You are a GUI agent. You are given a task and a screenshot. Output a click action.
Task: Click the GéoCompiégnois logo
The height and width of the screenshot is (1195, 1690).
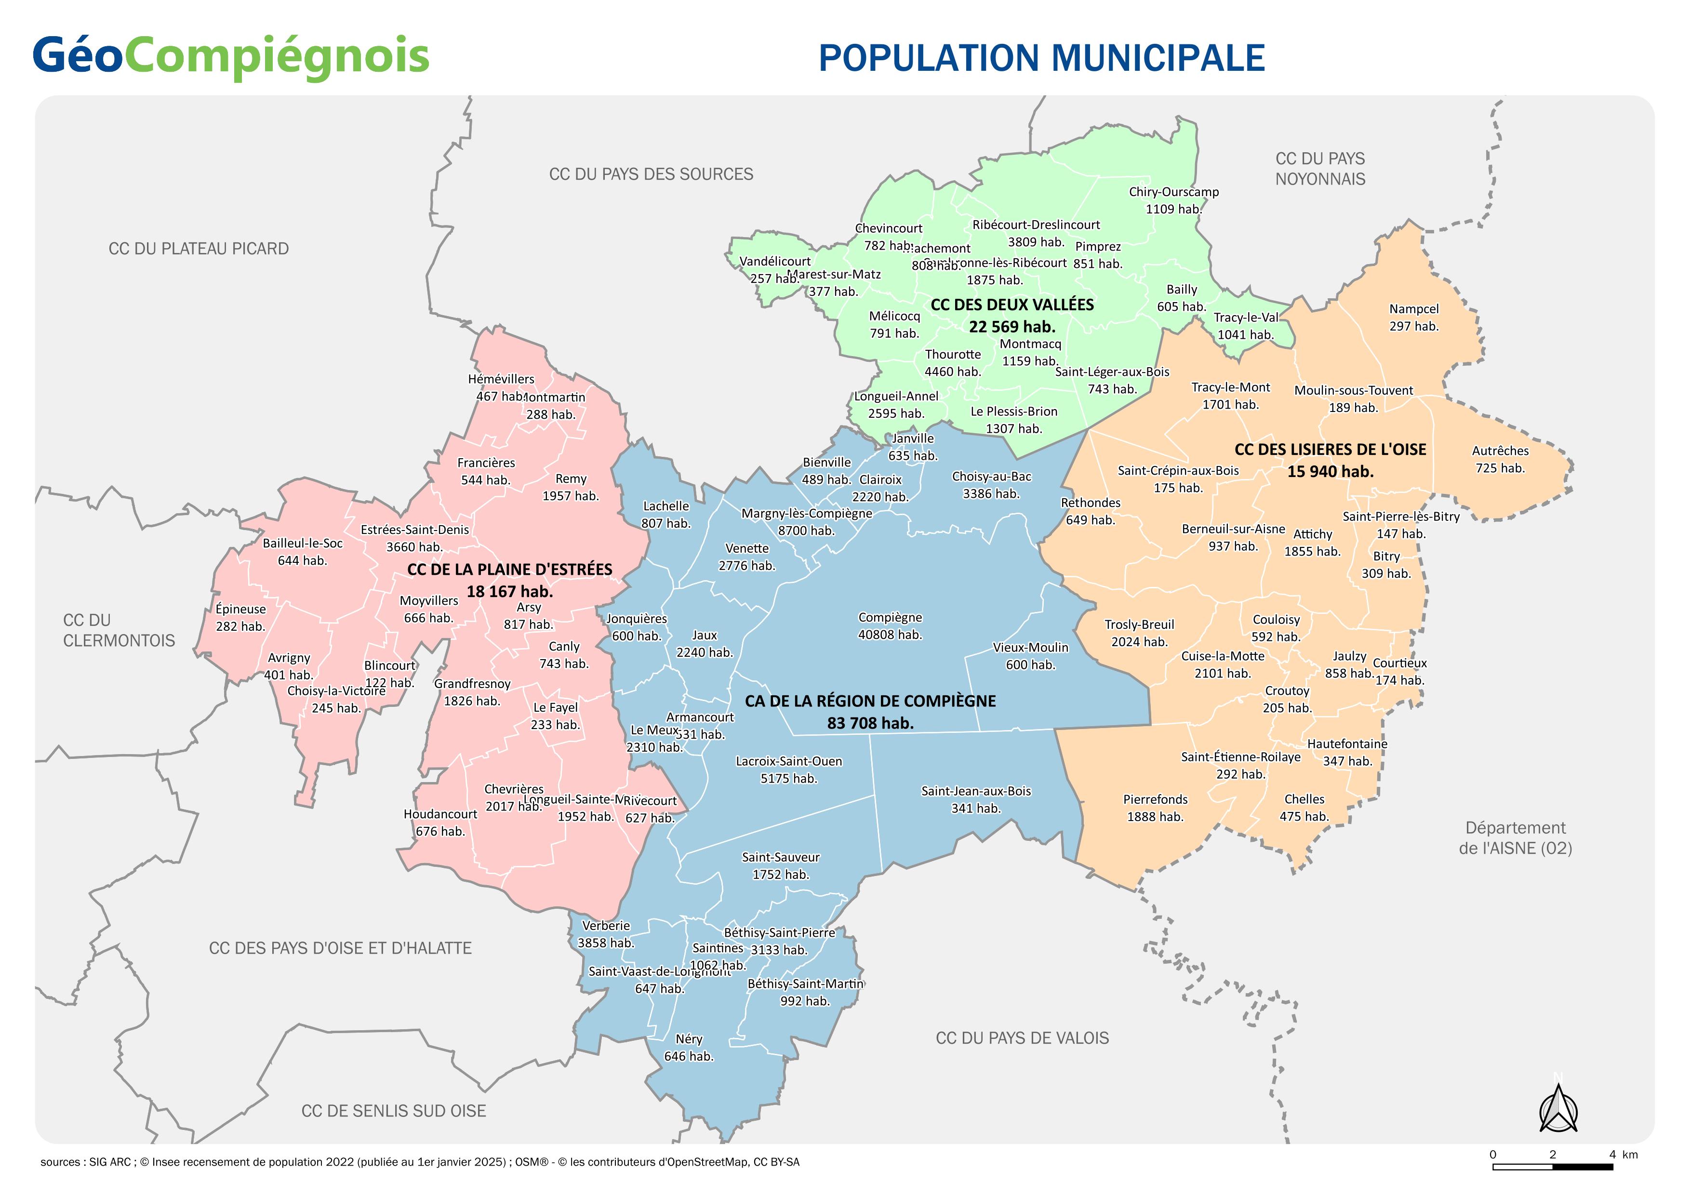pos(230,57)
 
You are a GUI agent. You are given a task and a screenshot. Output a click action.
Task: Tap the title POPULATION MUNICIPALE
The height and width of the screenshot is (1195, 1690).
pos(1041,58)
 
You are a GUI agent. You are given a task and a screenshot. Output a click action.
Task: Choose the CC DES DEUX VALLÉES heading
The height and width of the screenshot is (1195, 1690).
pos(1012,305)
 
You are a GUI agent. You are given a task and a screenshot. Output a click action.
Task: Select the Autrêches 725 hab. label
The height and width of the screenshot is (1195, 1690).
pos(1500,459)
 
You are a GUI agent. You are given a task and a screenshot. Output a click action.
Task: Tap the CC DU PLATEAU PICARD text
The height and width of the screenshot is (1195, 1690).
pos(199,249)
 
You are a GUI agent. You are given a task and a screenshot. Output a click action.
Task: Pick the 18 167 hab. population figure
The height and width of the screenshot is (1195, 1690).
pos(509,592)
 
